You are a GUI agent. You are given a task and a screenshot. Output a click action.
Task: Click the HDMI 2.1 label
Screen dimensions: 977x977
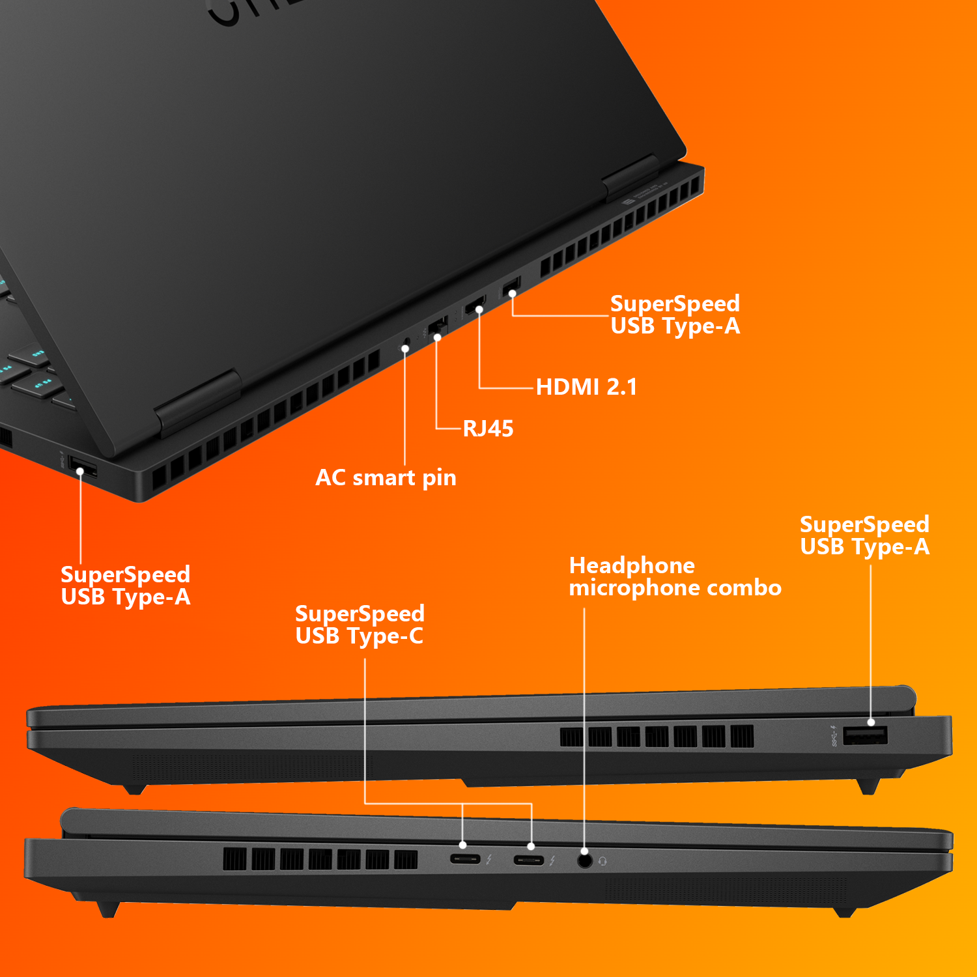[x=586, y=387]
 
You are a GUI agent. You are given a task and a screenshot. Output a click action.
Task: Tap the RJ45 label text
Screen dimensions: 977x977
[x=488, y=429]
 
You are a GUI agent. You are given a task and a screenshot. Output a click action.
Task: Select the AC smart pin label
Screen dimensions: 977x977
[x=386, y=477]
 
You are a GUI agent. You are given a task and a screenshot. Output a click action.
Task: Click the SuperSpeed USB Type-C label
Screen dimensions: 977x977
[x=360, y=625]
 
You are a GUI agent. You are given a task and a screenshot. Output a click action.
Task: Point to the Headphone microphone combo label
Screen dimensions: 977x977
[x=675, y=576]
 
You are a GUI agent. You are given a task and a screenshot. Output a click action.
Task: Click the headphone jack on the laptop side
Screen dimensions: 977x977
[x=585, y=860]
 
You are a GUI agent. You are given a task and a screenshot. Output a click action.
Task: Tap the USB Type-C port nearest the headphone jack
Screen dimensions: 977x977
[x=528, y=860]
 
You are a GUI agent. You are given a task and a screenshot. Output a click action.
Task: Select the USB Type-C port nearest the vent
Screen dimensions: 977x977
[x=465, y=859]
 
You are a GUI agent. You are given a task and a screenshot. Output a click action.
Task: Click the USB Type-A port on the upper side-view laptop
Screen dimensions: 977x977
[x=865, y=736]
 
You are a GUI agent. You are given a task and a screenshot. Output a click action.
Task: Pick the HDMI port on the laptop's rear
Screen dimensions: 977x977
[x=474, y=305]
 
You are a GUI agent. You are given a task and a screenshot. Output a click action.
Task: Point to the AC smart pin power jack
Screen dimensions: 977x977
[x=406, y=343]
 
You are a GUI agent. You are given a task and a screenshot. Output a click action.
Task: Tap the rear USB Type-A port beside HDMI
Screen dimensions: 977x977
[x=511, y=286]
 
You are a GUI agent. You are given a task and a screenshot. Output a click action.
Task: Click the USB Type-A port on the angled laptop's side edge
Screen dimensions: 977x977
[x=83, y=468]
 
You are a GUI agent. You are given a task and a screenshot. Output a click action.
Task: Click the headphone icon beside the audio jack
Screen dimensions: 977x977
[x=602, y=862]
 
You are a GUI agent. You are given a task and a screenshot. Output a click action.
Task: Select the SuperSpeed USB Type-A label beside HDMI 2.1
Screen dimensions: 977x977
[x=675, y=315]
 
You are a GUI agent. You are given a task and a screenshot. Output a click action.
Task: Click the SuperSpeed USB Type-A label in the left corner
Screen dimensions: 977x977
[x=125, y=586]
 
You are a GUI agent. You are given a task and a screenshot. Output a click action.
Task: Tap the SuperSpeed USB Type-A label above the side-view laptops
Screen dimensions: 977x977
[x=864, y=535]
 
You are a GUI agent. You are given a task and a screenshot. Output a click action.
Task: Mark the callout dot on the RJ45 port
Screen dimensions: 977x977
[x=438, y=337]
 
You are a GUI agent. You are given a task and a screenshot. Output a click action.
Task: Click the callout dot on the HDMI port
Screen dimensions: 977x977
[x=479, y=310]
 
